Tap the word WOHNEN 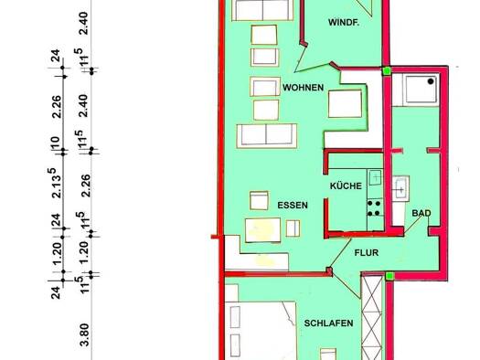click(x=302, y=88)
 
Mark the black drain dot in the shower click(x=434, y=80)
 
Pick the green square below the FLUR click(x=389, y=275)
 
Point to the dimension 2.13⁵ click(x=57, y=182)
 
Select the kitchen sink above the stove click(x=374, y=175)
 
